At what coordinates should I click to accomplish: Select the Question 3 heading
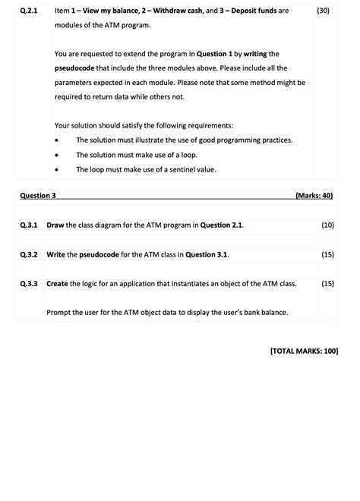click(38, 196)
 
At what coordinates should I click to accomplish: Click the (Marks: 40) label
click(314, 196)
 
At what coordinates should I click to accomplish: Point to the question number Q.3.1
click(28, 225)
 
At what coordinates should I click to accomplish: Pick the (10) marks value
click(327, 225)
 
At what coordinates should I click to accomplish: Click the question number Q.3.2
click(28, 254)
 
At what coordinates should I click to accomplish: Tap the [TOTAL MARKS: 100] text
click(304, 351)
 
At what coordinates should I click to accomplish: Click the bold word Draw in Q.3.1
click(55, 225)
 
